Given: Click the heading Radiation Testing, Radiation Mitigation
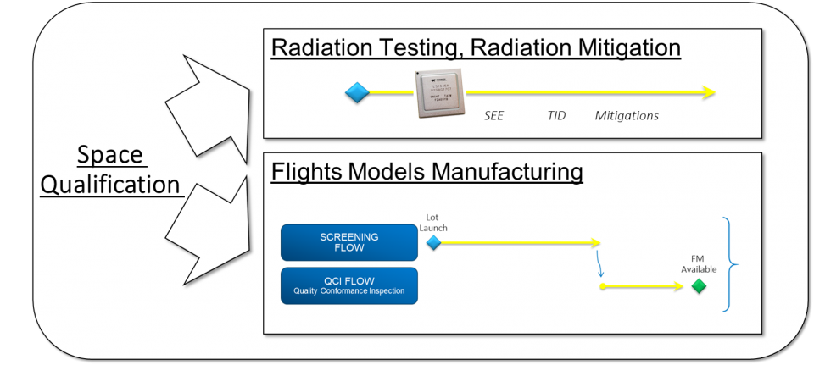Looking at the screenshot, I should coord(476,48).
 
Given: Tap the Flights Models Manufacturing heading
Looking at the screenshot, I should coord(427,172).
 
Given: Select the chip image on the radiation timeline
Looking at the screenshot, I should coord(440,93).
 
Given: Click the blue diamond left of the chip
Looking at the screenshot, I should coord(358,93).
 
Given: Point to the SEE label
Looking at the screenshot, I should coord(493,115).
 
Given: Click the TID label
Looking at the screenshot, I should coord(556,115).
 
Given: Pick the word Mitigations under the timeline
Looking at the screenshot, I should coord(627,115).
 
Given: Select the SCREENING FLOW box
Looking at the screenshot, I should coord(349,242).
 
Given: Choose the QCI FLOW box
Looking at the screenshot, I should coord(349,286).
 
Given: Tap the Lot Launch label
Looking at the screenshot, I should coord(433,223).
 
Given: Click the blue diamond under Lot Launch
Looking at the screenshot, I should coord(433,243).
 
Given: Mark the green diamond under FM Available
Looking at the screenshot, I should coord(699,286).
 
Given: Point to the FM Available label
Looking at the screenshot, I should coord(700,264).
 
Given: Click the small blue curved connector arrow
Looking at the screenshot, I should coord(601,265).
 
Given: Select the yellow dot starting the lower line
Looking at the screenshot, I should coord(602,287).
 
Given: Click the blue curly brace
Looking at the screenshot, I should coord(730,264).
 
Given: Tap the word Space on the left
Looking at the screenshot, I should coord(111,155).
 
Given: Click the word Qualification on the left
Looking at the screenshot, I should coord(111,185).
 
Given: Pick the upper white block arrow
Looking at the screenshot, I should coord(208,104).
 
